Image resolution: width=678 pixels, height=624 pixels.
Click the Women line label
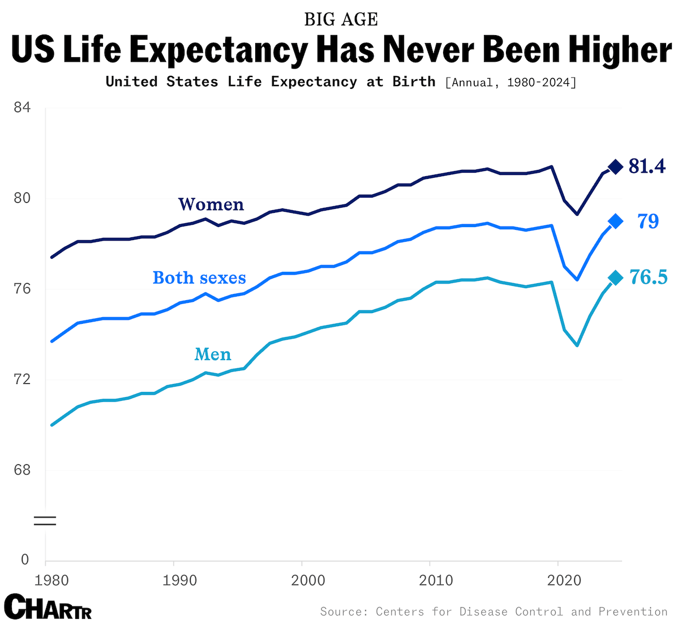tap(211, 204)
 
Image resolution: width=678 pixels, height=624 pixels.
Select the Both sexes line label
tap(199, 278)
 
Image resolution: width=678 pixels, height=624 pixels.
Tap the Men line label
tap(213, 354)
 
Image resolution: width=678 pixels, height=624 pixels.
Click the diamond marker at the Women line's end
tap(615, 166)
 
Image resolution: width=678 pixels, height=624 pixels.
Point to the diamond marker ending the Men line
tap(615, 277)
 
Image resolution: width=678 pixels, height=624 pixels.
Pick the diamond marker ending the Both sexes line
tap(615, 221)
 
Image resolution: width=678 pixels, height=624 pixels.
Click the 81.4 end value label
tap(647, 166)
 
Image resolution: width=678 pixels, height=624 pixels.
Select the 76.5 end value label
tap(649, 277)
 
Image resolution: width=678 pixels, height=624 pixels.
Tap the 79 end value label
tap(649, 221)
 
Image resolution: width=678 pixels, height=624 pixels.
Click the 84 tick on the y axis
tap(21, 107)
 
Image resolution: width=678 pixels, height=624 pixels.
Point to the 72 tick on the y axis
tap(21, 379)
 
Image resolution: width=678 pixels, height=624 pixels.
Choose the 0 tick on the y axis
tap(24, 559)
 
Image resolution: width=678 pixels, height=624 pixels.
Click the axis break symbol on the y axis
tap(45, 521)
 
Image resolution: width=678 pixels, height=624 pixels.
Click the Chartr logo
tap(48, 607)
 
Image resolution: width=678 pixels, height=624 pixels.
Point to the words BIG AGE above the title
tap(341, 19)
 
